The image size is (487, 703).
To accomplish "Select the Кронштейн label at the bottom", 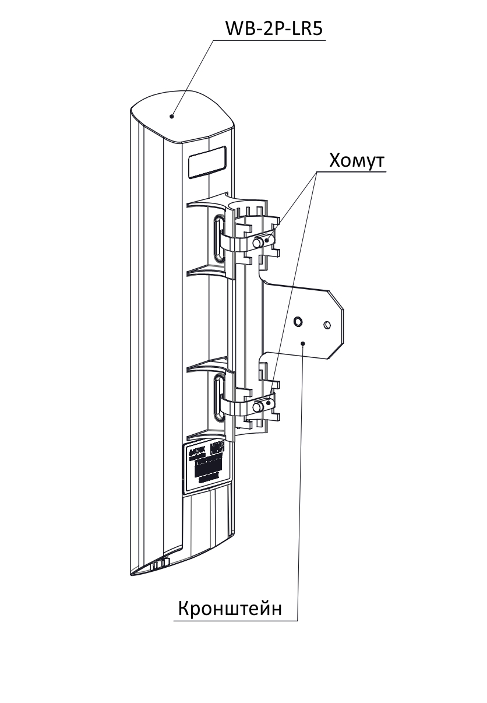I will click(x=230, y=609).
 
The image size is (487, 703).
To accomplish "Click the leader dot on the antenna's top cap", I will click(x=172, y=116).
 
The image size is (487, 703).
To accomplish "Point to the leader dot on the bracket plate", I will click(x=304, y=343).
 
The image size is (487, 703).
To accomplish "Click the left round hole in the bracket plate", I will click(x=298, y=321).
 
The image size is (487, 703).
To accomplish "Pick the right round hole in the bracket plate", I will click(x=327, y=324).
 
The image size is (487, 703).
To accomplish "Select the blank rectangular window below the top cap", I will click(x=206, y=161).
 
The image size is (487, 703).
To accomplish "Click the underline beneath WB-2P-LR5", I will click(x=268, y=40).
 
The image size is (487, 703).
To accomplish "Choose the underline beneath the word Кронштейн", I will click(x=233, y=621).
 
